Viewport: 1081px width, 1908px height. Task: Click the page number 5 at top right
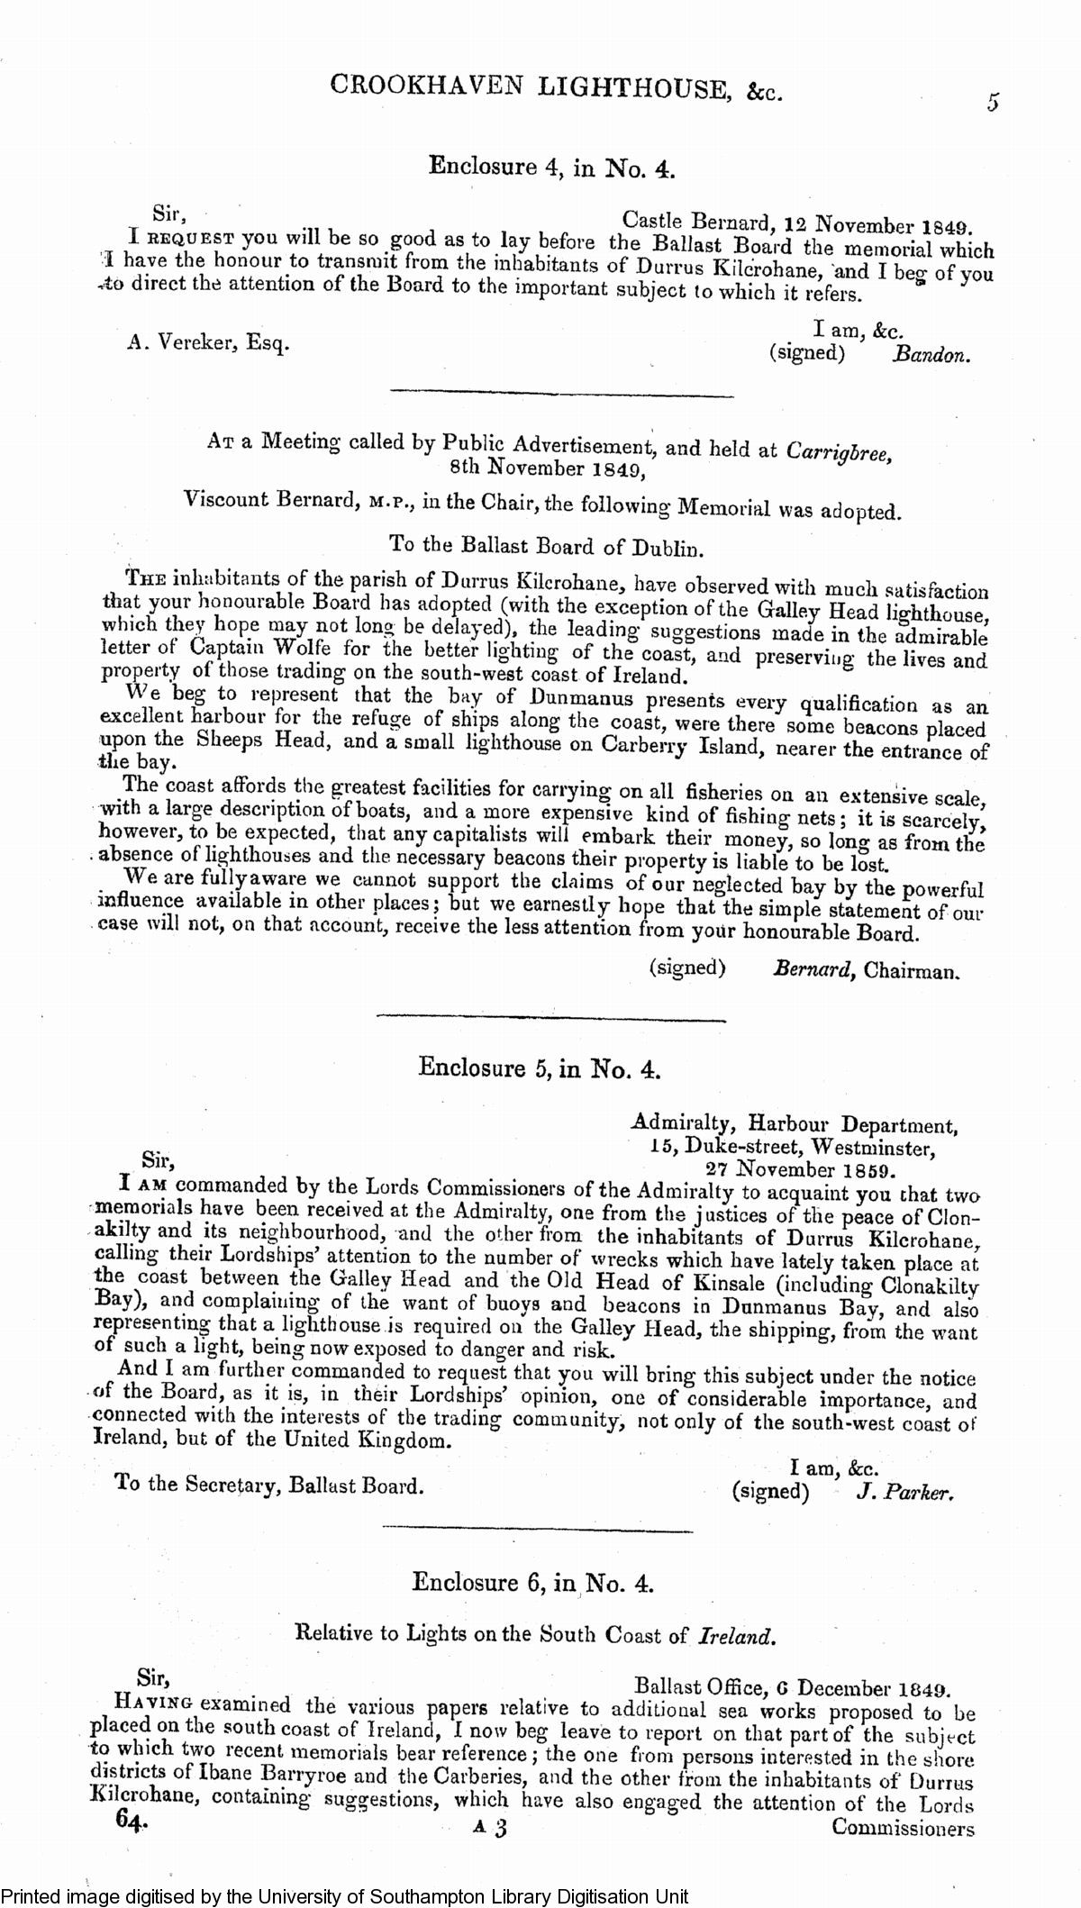coord(993,103)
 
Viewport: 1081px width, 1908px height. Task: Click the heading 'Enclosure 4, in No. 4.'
coord(551,166)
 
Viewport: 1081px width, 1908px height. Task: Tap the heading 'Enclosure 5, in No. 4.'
coord(540,1068)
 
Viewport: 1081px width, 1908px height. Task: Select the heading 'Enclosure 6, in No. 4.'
coord(532,1583)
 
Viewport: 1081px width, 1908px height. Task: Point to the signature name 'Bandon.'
coord(932,355)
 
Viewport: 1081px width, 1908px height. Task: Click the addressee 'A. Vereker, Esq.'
coord(208,343)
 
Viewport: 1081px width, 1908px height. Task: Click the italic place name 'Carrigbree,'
coord(840,450)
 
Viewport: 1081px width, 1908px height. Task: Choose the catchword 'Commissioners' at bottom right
coord(903,1829)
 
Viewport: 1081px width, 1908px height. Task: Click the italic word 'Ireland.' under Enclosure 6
coord(736,1636)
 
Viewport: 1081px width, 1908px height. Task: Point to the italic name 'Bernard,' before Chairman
coord(813,970)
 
